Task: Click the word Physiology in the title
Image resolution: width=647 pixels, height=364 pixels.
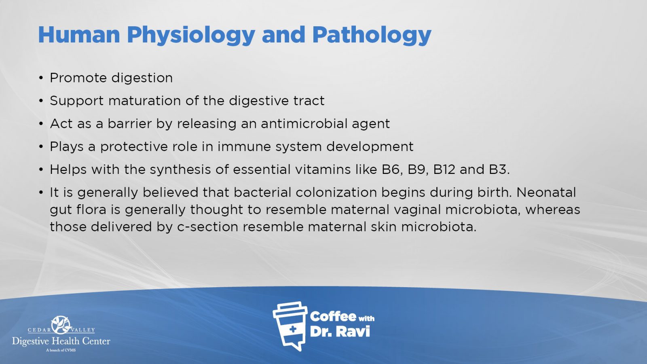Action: tap(191, 35)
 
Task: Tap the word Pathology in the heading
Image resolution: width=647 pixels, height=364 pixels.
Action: tap(372, 35)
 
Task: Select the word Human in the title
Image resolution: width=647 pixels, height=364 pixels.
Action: tap(79, 35)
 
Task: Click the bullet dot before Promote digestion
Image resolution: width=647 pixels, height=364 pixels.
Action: tap(41, 78)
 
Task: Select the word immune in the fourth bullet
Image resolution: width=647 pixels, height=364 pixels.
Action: tap(244, 146)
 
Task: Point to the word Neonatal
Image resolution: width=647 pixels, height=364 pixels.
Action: tap(546, 193)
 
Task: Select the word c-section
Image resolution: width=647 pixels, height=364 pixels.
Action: tap(208, 227)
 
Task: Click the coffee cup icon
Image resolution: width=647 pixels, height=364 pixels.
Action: tap(290, 326)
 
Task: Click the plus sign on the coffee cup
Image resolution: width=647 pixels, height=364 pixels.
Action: tap(293, 329)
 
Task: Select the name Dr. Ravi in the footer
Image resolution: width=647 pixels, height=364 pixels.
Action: tap(340, 332)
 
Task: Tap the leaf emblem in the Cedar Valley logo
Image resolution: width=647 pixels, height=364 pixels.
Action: tap(61, 325)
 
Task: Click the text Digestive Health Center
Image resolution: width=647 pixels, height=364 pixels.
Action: tap(61, 341)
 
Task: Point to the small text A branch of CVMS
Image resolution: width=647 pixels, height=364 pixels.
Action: tap(61, 350)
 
